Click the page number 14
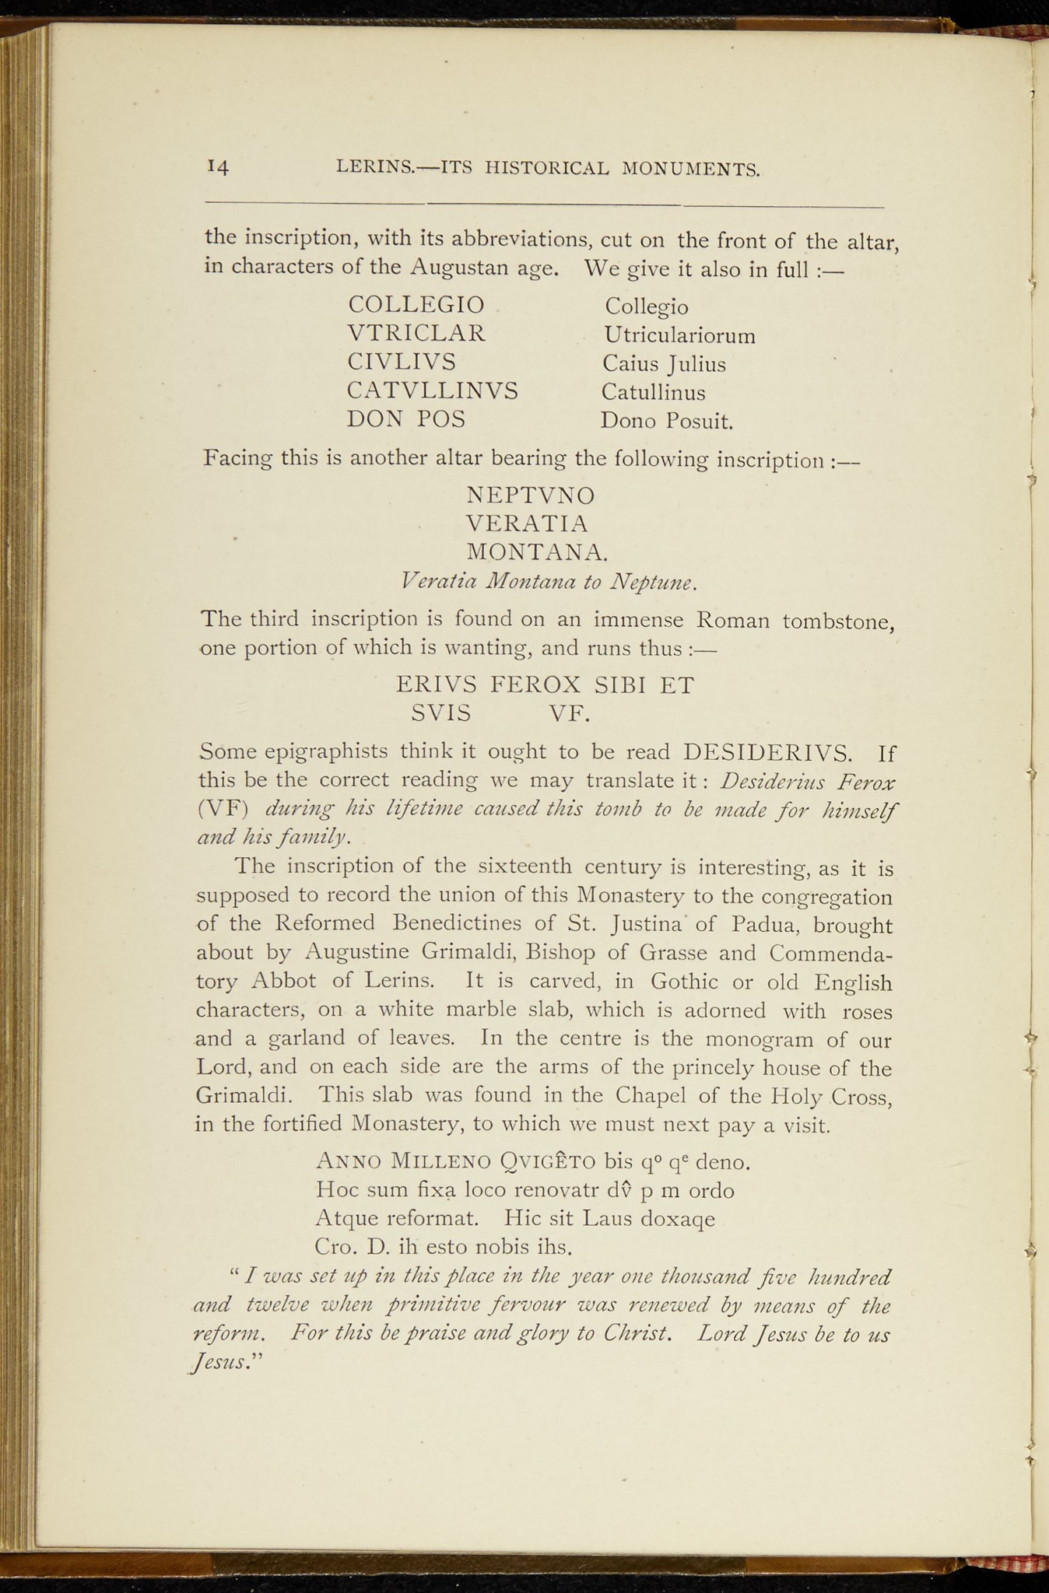click(x=218, y=166)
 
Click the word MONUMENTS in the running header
click(x=691, y=168)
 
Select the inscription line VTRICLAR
click(x=416, y=334)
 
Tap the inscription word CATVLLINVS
click(x=433, y=390)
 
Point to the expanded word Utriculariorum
click(x=679, y=336)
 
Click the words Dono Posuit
click(x=667, y=422)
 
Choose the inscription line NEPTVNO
click(x=531, y=495)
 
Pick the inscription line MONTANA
click(x=536, y=552)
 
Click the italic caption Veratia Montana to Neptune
click(x=549, y=582)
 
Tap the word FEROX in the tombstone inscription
click(x=536, y=684)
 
